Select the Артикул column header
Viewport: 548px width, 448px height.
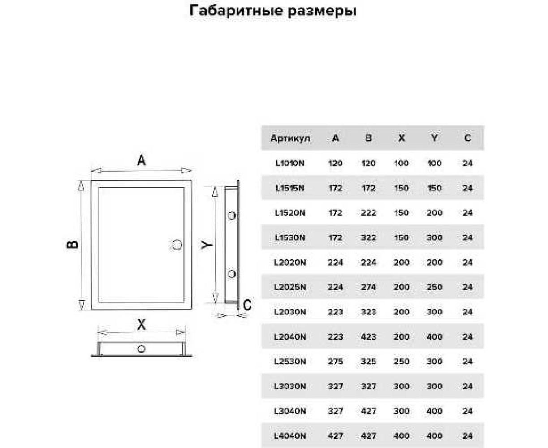click(290, 138)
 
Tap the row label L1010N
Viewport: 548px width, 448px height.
click(290, 164)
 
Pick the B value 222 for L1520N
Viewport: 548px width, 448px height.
click(368, 213)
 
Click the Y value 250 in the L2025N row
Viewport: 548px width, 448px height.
click(434, 287)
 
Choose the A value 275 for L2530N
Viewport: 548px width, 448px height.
click(336, 362)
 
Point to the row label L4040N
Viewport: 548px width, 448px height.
click(290, 435)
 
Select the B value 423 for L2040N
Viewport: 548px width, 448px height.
click(368, 337)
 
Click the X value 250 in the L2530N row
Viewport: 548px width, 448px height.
click(401, 362)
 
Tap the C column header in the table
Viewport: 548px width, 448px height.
click(467, 138)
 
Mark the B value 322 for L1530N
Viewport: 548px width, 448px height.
click(368, 238)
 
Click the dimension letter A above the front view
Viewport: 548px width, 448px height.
click(142, 160)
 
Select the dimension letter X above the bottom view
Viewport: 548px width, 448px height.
click(142, 325)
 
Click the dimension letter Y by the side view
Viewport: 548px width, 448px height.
click(206, 245)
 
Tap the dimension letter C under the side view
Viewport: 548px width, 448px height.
click(247, 305)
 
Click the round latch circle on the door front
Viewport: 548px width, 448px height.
click(177, 244)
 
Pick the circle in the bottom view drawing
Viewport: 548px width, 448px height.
click(142, 349)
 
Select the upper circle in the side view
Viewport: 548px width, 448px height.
click(232, 215)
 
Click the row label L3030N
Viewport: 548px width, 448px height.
click(290, 386)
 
